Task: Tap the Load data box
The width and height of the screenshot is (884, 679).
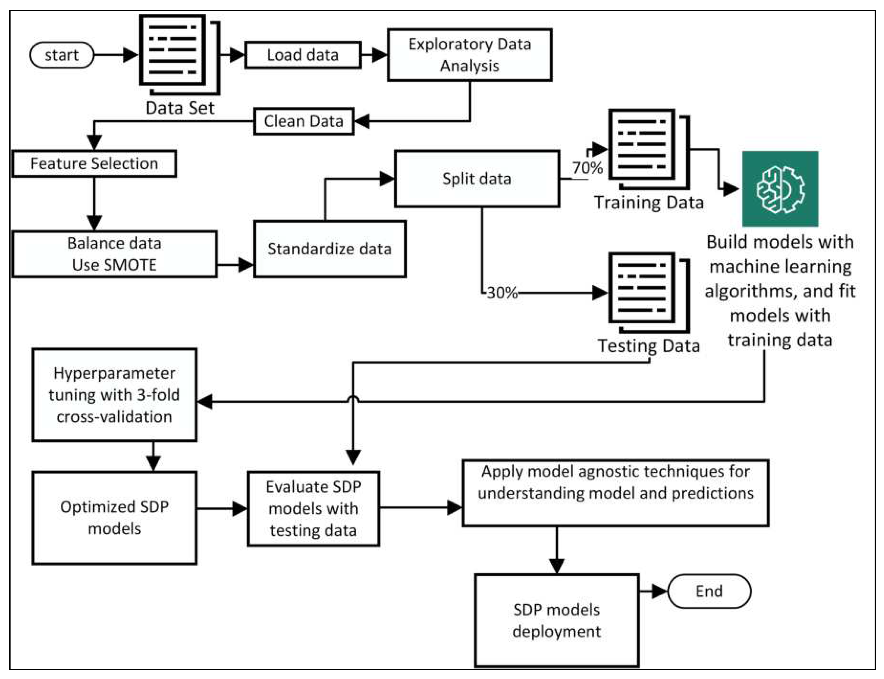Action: [303, 55]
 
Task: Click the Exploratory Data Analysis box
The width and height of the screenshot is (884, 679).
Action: [469, 55]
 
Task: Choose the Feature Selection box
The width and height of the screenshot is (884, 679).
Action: [94, 163]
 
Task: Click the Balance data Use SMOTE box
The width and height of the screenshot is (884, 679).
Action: [114, 254]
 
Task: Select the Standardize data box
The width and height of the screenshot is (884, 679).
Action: [329, 249]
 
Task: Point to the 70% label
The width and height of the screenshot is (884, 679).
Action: [587, 167]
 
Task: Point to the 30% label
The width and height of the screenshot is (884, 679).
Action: [502, 293]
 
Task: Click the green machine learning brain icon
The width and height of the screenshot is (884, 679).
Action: [780, 188]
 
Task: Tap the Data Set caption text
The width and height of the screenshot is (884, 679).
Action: [180, 108]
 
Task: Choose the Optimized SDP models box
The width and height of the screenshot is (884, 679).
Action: [114, 517]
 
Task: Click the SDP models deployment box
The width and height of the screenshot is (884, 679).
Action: [556, 620]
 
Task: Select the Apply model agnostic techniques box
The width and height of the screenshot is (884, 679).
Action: [615, 493]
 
